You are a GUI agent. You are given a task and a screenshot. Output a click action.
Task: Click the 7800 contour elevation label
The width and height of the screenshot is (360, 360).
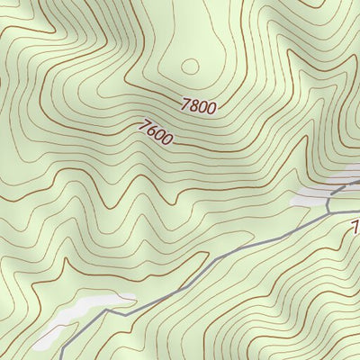pyautogui.click(x=198, y=106)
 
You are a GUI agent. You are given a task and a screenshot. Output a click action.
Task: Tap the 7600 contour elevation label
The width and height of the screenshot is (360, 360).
pyautogui.click(x=157, y=132)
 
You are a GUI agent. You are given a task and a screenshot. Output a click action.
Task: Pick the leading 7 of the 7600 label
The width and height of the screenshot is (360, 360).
pyautogui.click(x=144, y=125)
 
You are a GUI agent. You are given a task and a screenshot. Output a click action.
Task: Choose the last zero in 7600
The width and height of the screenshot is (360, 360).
pyautogui.click(x=168, y=139)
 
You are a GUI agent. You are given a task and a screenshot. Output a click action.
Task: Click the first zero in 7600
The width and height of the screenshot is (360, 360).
pyautogui.click(x=160, y=134)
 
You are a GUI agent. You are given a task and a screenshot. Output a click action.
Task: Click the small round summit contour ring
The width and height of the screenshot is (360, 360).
pyautogui.click(x=190, y=65)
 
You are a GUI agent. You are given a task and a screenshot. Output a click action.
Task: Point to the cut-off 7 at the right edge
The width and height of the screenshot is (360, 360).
pyautogui.click(x=355, y=224)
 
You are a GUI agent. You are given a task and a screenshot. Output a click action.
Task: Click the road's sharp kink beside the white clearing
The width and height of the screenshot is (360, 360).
pyautogui.click(x=105, y=310)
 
